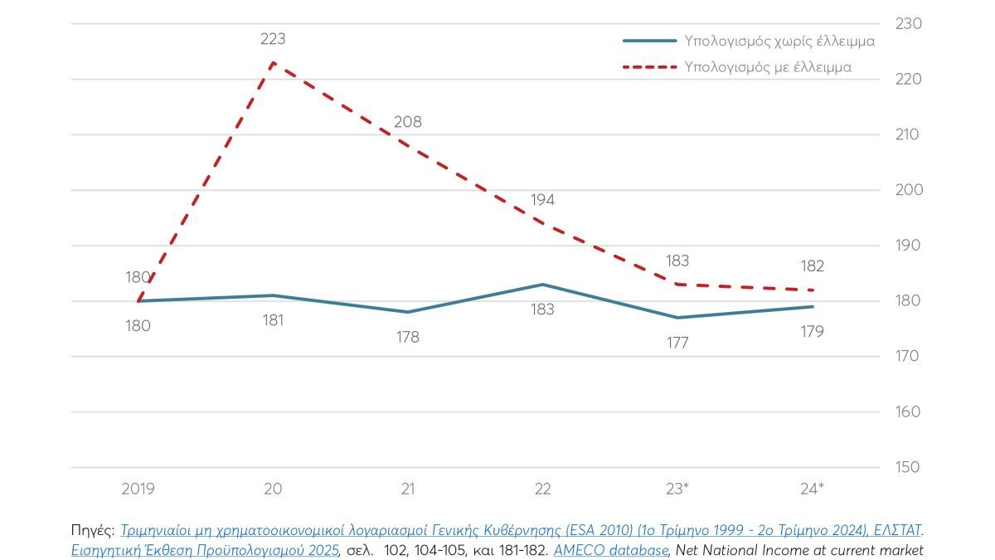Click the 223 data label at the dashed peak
[273, 38]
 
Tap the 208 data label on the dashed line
[407, 122]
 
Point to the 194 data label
[542, 200]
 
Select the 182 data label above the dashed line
[813, 266]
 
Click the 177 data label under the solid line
[677, 343]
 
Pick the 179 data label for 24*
[813, 332]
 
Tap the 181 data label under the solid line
[272, 320]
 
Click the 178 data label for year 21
[407, 337]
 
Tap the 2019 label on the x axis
[138, 489]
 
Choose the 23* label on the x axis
[677, 489]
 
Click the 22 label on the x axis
[542, 489]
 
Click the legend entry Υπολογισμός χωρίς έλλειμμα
[768, 40]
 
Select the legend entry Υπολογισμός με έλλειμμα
[768, 67]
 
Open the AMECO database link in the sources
[610, 549]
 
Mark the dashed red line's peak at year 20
[273, 63]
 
